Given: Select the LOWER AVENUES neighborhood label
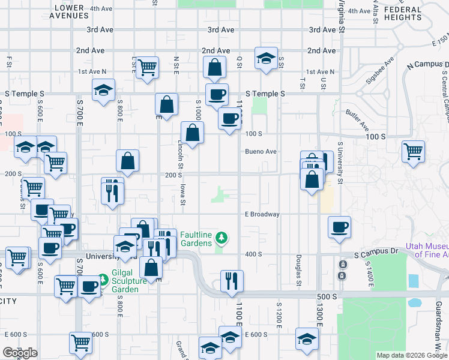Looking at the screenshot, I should point(77,12).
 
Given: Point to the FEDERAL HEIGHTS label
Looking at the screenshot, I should point(403,13).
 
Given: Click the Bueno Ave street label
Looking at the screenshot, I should point(261,152).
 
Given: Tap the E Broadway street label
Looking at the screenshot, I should point(262,214).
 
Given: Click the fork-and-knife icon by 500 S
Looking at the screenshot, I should point(231,280).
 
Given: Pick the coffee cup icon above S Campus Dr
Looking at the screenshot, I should point(339,227).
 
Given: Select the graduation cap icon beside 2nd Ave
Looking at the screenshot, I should point(266,58).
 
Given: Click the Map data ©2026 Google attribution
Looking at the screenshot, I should point(412,355).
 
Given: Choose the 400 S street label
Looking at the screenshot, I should point(253,254).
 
